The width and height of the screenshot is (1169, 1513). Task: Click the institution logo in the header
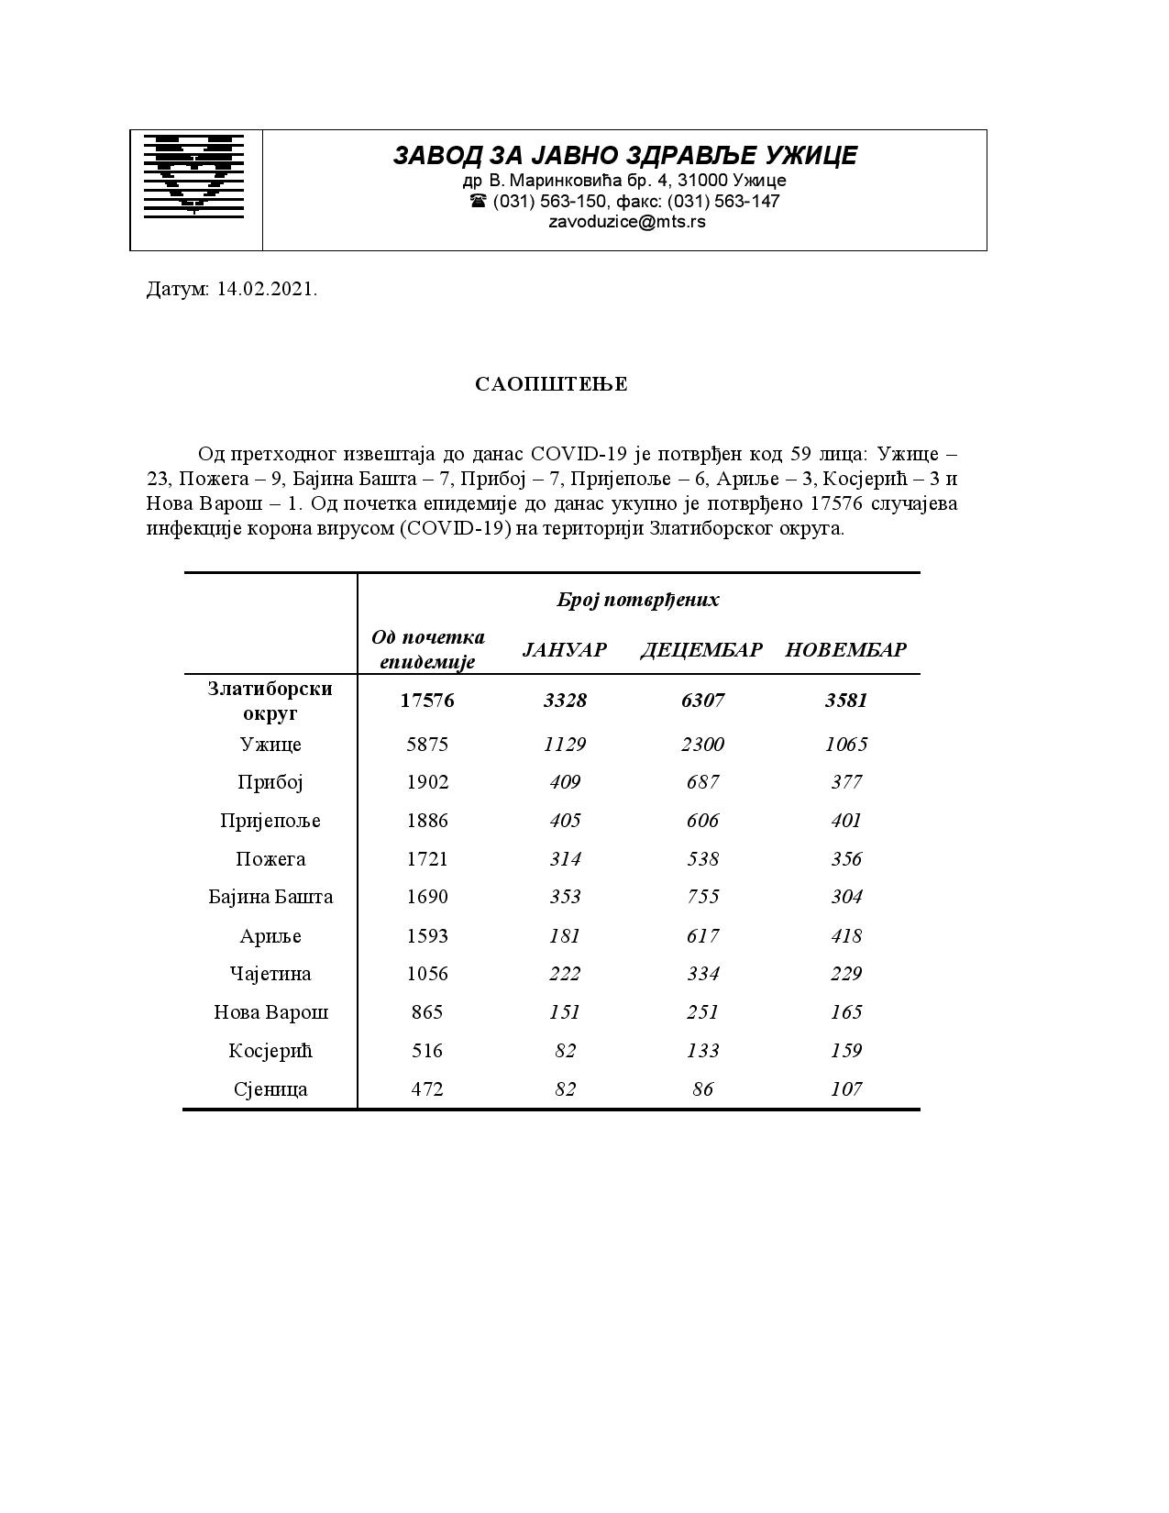pyautogui.click(x=193, y=175)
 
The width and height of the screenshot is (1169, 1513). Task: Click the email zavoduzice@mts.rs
pyautogui.click(x=627, y=221)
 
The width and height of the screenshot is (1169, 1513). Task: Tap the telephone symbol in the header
pyautogui.click(x=477, y=201)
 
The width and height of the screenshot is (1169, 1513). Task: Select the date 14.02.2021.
pyautogui.click(x=267, y=290)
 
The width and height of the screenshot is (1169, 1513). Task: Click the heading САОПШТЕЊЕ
pyautogui.click(x=551, y=384)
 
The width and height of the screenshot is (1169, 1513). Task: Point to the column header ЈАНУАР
pyautogui.click(x=564, y=650)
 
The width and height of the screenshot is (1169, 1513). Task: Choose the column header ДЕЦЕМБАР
pyautogui.click(x=701, y=650)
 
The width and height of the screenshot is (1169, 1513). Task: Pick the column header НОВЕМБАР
pyautogui.click(x=845, y=650)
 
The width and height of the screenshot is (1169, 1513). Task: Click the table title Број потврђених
pyautogui.click(x=637, y=600)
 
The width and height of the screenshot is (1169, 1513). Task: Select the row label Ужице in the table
pyautogui.click(x=270, y=744)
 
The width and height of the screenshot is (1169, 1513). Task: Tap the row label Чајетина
pyautogui.click(x=270, y=974)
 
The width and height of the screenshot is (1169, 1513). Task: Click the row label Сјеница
pyautogui.click(x=270, y=1089)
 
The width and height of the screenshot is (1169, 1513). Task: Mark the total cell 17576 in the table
pyautogui.click(x=427, y=701)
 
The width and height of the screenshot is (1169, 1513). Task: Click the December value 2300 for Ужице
pyautogui.click(x=702, y=744)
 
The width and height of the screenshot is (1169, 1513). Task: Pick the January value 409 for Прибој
pyautogui.click(x=565, y=782)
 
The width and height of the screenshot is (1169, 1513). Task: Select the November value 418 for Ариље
pyautogui.click(x=845, y=935)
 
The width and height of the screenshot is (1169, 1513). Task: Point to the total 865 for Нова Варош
pyautogui.click(x=427, y=1012)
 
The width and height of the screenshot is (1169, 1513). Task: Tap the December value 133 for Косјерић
pyautogui.click(x=702, y=1051)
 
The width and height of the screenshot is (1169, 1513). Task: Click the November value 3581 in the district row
pyautogui.click(x=845, y=701)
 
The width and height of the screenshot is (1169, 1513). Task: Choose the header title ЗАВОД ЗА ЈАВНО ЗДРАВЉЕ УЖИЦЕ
pyautogui.click(x=625, y=156)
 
